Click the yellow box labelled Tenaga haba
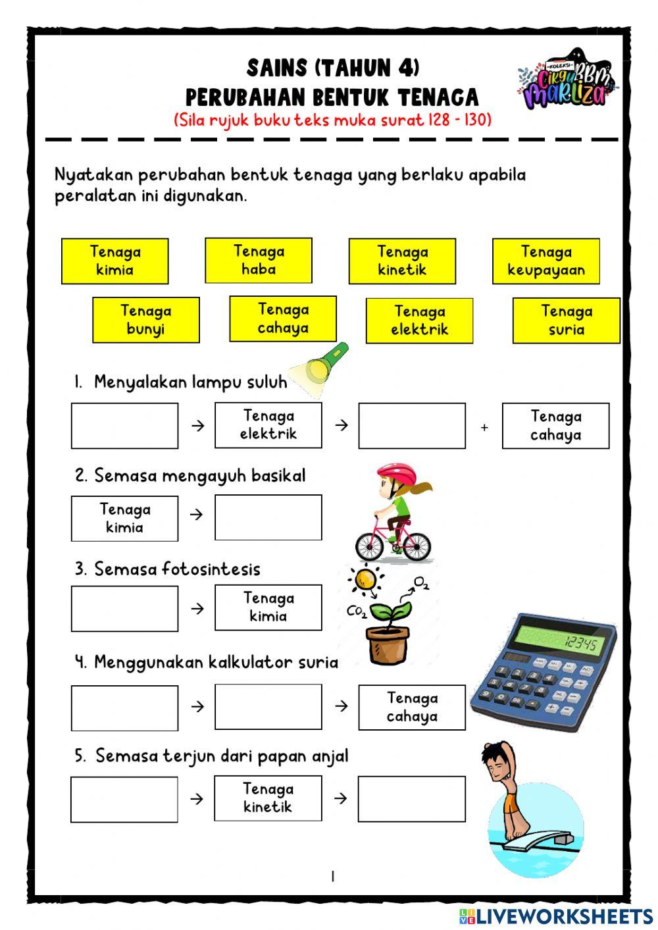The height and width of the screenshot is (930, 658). pyautogui.click(x=259, y=261)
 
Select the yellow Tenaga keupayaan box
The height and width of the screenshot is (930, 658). pyautogui.click(x=546, y=261)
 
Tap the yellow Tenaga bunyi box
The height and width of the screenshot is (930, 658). pyautogui.click(x=146, y=321)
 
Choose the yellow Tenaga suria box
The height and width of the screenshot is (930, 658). pyautogui.click(x=567, y=321)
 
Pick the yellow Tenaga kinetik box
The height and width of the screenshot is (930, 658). pyautogui.click(x=402, y=261)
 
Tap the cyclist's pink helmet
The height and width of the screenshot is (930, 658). pyautogui.click(x=396, y=473)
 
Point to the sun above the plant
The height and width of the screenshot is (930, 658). pyautogui.click(x=365, y=580)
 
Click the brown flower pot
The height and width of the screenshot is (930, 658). pyautogui.click(x=388, y=644)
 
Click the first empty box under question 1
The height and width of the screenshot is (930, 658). pyautogui.click(x=124, y=426)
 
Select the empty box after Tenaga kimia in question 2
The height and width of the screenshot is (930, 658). pyautogui.click(x=268, y=517)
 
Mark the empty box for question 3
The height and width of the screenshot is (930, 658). pyautogui.click(x=124, y=609)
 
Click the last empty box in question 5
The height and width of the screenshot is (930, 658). pyautogui.click(x=411, y=799)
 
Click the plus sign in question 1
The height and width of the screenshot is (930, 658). pyautogui.click(x=484, y=427)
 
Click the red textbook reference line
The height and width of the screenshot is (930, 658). pyautogui.click(x=332, y=120)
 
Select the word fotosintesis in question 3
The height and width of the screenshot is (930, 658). pyautogui.click(x=211, y=569)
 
